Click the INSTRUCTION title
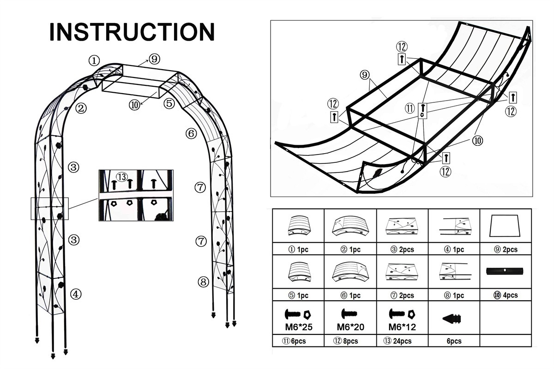(132, 32)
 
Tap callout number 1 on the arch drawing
(94, 60)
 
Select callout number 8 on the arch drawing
(203, 281)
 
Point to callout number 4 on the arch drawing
(76, 293)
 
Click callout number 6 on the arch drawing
(191, 134)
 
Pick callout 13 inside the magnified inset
(122, 177)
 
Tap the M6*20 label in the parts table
(350, 327)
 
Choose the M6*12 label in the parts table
(402, 327)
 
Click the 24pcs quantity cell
(401, 341)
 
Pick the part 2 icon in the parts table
(350, 226)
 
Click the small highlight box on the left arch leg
(49, 208)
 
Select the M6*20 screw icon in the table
(350, 314)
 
